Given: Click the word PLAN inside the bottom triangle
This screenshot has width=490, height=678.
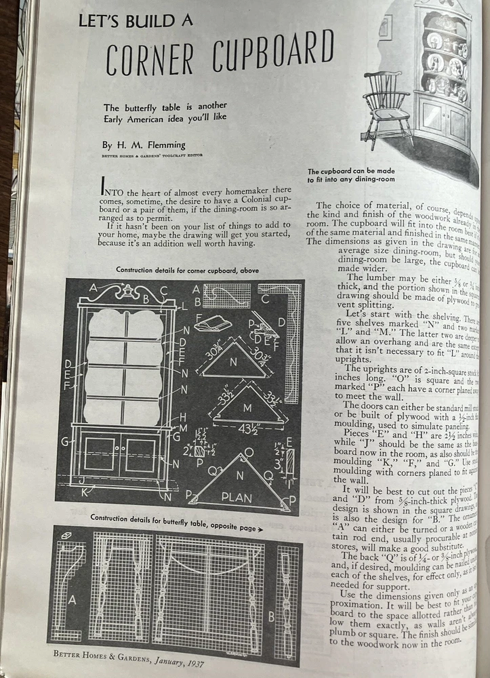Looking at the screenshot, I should [x=237, y=498].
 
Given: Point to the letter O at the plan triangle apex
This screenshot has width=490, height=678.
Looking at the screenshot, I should [x=249, y=452].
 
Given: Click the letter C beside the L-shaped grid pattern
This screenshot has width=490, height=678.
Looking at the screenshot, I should [x=264, y=298].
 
